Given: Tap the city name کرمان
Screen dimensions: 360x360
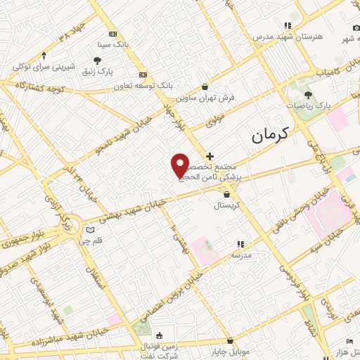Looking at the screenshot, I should (x=266, y=131).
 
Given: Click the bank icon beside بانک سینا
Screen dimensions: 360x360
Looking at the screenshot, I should (x=112, y=34).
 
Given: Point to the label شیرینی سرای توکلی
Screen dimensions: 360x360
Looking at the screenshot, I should (x=44, y=67).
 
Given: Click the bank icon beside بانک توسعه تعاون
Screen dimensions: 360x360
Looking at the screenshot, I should (x=143, y=75).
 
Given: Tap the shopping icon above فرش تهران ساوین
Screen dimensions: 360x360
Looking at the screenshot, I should (x=205, y=87).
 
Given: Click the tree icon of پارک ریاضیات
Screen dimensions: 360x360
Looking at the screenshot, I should (x=308, y=94).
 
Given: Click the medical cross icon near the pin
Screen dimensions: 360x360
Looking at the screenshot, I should (x=210, y=155).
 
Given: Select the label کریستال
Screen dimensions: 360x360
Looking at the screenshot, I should (x=227, y=206).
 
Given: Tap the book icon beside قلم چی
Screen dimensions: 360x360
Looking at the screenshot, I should (x=89, y=230).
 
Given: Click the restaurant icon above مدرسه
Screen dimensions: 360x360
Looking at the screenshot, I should (x=240, y=244).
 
